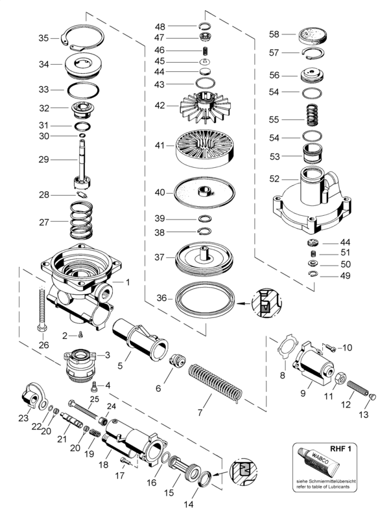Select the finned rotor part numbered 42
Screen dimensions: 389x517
pos(205,107)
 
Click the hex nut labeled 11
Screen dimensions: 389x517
pos(340,380)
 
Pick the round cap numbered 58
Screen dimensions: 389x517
pos(312,36)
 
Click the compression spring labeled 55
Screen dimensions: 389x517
pos(313,115)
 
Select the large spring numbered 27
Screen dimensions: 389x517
pos(81,220)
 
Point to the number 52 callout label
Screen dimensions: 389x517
pos(274,179)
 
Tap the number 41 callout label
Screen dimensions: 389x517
pos(159,145)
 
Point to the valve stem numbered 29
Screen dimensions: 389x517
pos(82,164)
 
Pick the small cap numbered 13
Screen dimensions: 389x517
pos(373,397)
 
